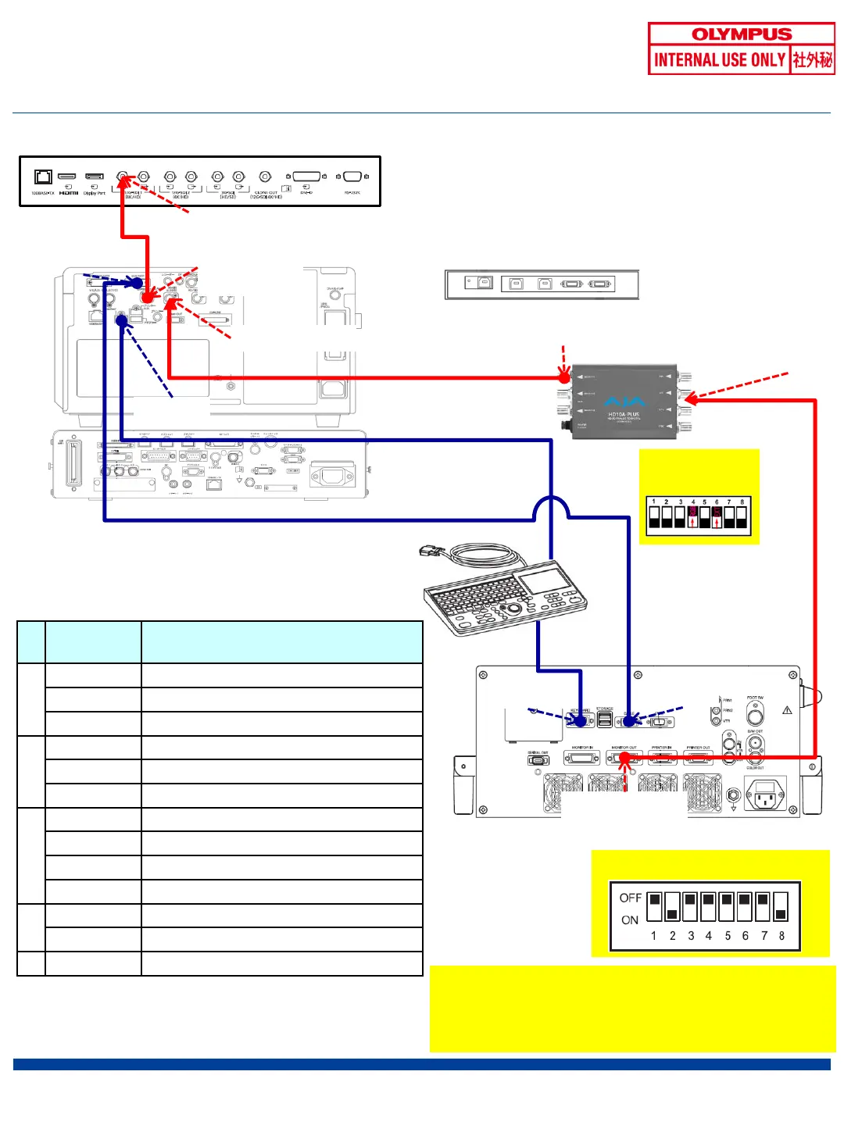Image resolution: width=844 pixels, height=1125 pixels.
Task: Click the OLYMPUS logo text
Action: pyautogui.click(x=742, y=34)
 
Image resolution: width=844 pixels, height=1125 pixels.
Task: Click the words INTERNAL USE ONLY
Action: pyautogui.click(x=719, y=60)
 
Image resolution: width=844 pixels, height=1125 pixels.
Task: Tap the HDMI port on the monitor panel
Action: pyautogui.click(x=67, y=177)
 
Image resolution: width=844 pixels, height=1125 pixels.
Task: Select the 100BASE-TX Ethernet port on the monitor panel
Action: pyautogui.click(x=43, y=177)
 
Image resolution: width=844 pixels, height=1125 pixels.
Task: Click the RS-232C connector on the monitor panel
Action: pyautogui.click(x=352, y=177)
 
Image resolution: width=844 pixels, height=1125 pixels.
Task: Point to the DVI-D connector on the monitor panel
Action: pyautogui.click(x=306, y=177)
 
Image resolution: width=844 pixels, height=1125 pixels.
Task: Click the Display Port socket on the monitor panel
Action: pyautogui.click(x=95, y=177)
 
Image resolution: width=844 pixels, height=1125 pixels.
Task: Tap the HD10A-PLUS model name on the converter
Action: pyautogui.click(x=624, y=415)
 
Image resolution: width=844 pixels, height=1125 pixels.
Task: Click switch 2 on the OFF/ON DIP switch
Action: pyautogui.click(x=672, y=907)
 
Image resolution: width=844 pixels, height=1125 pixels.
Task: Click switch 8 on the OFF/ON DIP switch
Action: pyautogui.click(x=781, y=907)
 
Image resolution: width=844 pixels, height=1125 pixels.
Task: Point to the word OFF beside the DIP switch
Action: pyautogui.click(x=630, y=898)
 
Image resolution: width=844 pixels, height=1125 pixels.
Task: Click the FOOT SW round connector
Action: pyautogui.click(x=755, y=715)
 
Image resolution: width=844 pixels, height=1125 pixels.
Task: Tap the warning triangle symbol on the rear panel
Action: pyautogui.click(x=787, y=710)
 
